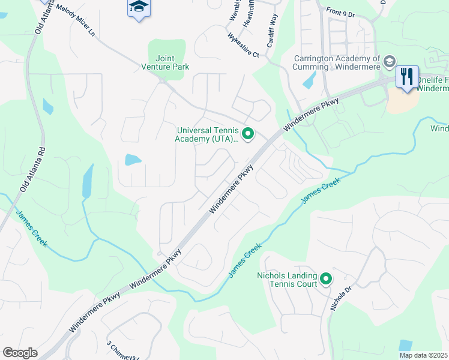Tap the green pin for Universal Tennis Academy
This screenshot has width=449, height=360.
[x=247, y=133]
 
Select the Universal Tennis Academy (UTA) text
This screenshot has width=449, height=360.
[x=207, y=134]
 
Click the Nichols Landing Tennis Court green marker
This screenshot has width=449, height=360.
[x=326, y=278]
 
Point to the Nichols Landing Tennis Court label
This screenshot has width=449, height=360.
[x=286, y=279]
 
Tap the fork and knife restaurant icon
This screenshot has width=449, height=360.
[x=407, y=76]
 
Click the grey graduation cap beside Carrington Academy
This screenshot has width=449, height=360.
[x=389, y=61]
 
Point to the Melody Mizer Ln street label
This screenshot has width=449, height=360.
[x=74, y=22]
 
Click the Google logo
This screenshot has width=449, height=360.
[x=20, y=353]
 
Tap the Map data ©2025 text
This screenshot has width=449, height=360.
[x=424, y=355]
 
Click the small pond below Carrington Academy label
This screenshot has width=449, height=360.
[x=310, y=80]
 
